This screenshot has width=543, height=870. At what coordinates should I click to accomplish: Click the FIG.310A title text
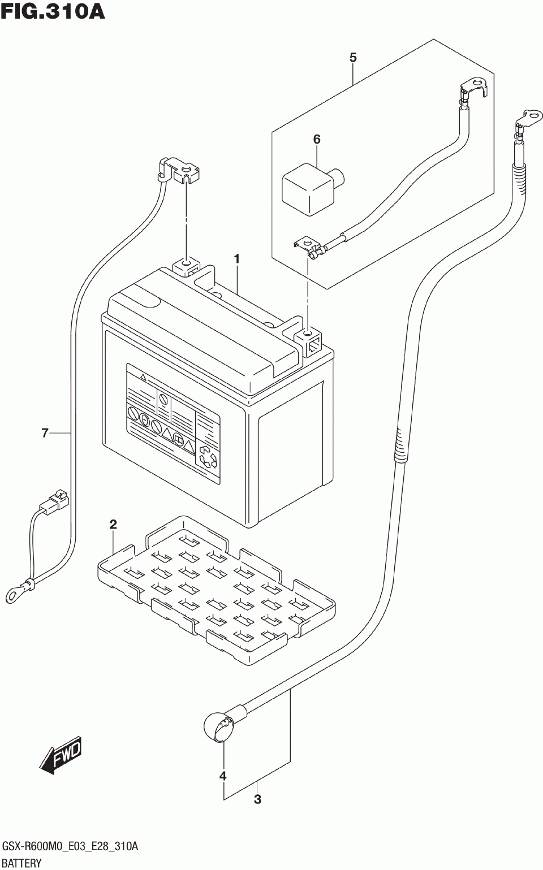pos(53,11)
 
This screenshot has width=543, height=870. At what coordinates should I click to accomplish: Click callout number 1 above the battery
pos(236,259)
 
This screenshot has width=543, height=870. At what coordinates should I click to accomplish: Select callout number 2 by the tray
pos(113,525)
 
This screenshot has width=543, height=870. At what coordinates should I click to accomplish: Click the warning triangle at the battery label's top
pos(143,376)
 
